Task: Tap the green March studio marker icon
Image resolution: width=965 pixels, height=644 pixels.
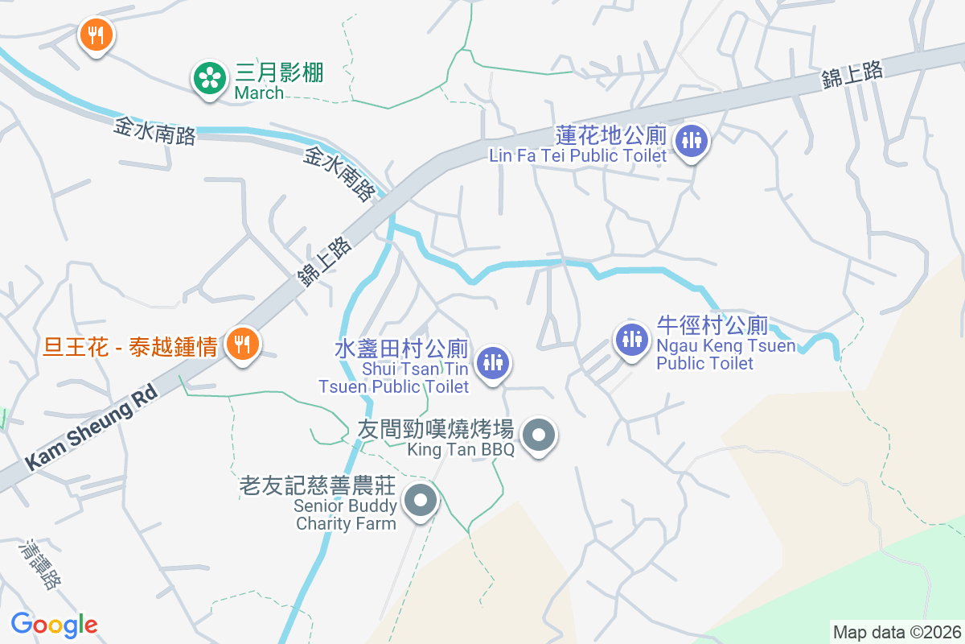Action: pos(209,78)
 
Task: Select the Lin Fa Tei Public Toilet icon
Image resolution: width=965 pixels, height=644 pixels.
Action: pos(691,140)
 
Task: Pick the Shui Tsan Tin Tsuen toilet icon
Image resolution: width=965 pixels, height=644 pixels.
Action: pos(492,362)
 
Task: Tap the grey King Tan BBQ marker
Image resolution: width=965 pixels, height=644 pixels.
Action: pos(539,436)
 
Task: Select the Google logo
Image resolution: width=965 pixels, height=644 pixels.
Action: pos(54,624)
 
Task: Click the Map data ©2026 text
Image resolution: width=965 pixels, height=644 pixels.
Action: pos(896,632)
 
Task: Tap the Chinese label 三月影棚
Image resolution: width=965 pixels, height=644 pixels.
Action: pos(279,73)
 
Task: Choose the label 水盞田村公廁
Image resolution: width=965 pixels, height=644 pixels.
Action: pos(401,349)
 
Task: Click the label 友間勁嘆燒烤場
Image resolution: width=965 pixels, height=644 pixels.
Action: pos(435,427)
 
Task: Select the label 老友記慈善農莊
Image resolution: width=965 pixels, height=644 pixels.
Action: pos(318,486)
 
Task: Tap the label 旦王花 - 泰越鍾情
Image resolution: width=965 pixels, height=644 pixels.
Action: pos(130,348)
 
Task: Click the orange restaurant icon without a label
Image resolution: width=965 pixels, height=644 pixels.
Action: pos(96,35)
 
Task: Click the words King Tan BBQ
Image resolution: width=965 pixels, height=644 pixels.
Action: pos(460,450)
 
